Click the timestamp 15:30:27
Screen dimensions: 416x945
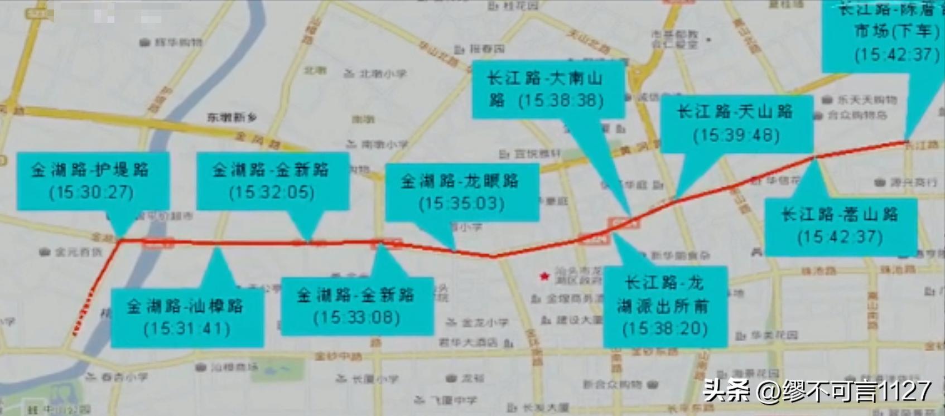click(x=91, y=192)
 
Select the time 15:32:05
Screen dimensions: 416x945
click(x=272, y=192)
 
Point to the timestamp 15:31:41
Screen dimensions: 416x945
click(x=187, y=328)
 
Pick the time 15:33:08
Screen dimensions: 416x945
click(x=356, y=318)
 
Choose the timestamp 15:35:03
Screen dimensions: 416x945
click(x=461, y=203)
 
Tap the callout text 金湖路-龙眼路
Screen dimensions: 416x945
click(x=460, y=181)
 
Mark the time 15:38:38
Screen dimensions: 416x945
click(x=561, y=101)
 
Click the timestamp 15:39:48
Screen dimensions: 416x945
click(x=736, y=136)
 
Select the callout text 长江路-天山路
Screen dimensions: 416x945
click(x=735, y=112)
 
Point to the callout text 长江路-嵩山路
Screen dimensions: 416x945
click(x=840, y=214)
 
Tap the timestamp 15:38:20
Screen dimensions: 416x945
click(x=664, y=328)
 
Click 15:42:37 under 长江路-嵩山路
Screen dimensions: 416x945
click(x=840, y=237)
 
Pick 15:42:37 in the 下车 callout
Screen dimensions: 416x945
click(x=896, y=55)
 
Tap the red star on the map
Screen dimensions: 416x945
click(x=544, y=276)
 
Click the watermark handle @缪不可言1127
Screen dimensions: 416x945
click(x=843, y=390)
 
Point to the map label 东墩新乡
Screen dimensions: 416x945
click(x=232, y=117)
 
